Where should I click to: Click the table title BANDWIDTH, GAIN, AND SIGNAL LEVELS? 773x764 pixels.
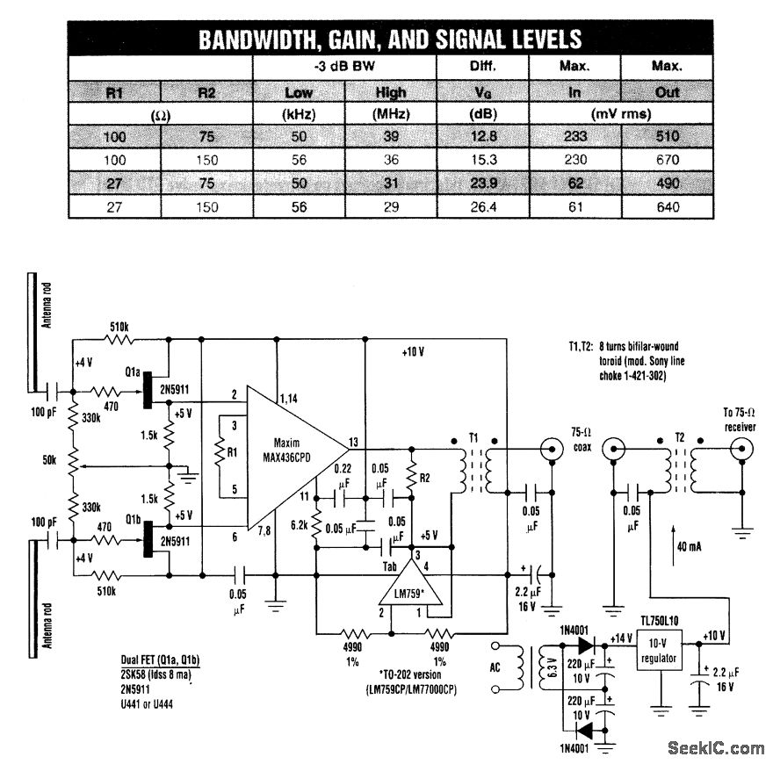click(x=388, y=40)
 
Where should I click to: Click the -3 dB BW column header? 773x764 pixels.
click(x=344, y=67)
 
